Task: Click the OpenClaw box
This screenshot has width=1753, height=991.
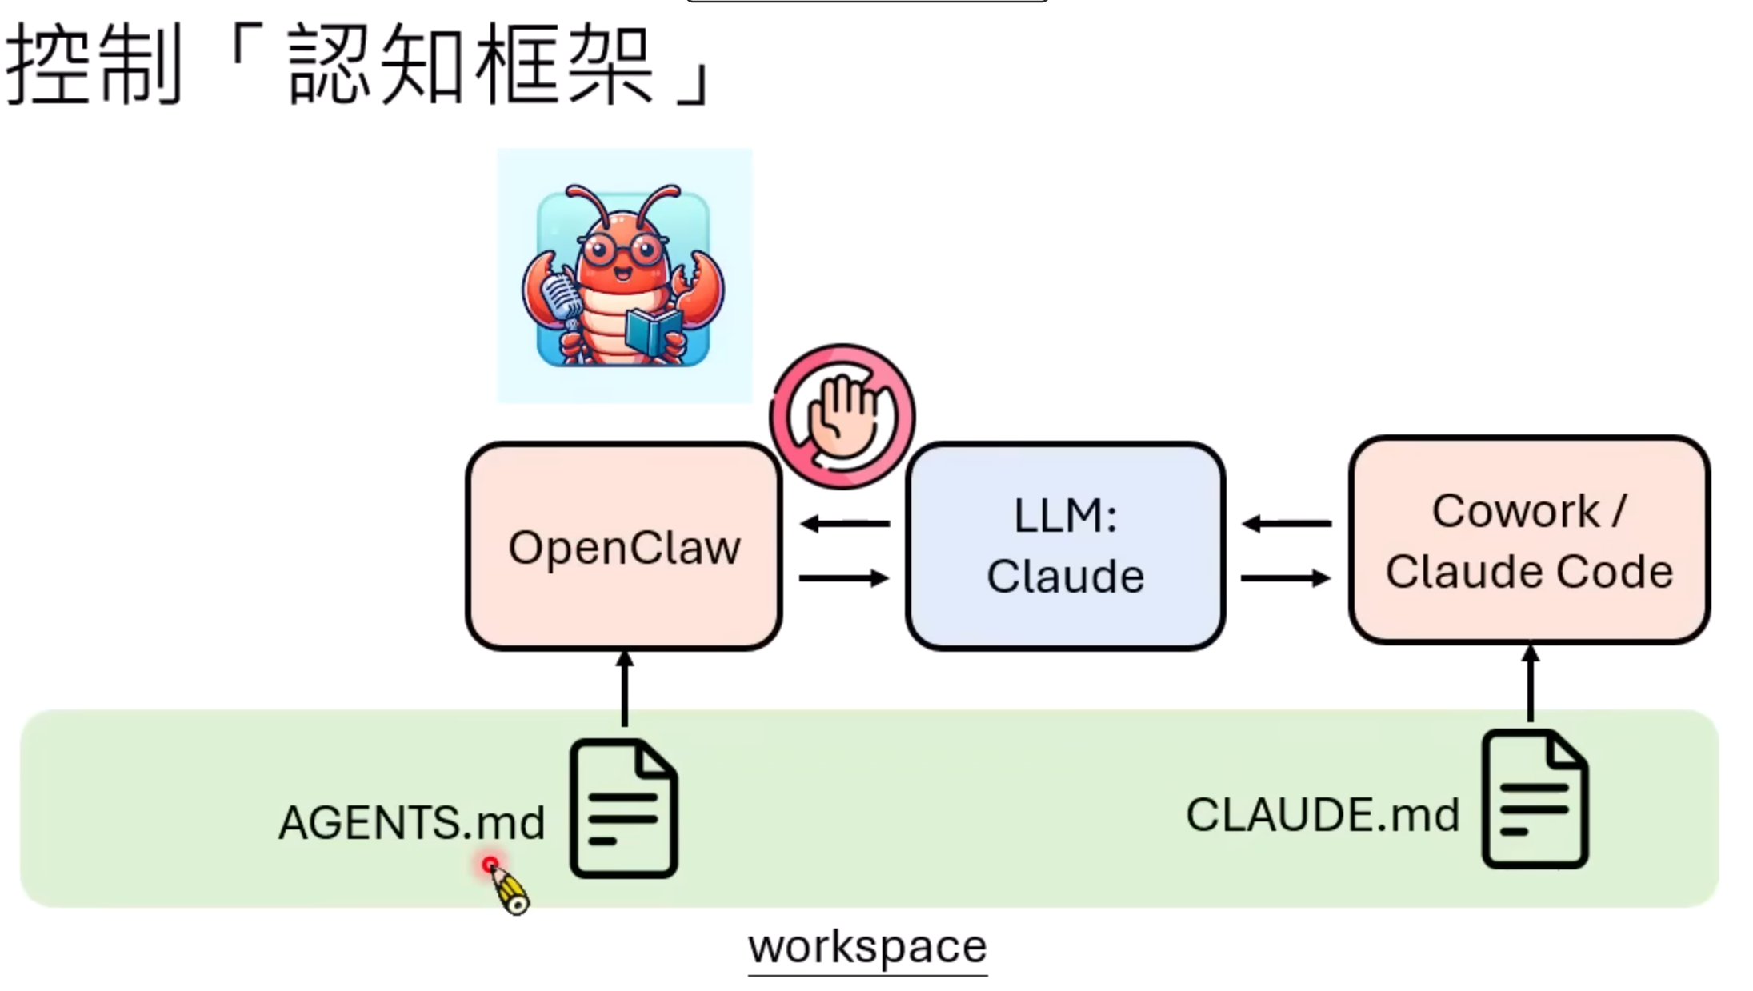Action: (624, 546)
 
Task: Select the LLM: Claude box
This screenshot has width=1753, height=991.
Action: (1065, 546)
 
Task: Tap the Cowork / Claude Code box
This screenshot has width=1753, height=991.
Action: (1529, 540)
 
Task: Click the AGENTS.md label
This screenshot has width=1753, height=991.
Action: (411, 822)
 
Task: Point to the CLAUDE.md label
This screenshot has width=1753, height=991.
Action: (1322, 815)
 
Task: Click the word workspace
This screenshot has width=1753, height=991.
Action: (867, 947)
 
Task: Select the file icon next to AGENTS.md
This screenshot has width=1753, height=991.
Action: (623, 809)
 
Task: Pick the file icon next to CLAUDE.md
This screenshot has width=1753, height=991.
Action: (1535, 800)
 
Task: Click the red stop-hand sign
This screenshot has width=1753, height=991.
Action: (842, 416)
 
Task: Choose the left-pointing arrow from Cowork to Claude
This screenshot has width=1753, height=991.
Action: (1287, 524)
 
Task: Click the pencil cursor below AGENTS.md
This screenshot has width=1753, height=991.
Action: (507, 888)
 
